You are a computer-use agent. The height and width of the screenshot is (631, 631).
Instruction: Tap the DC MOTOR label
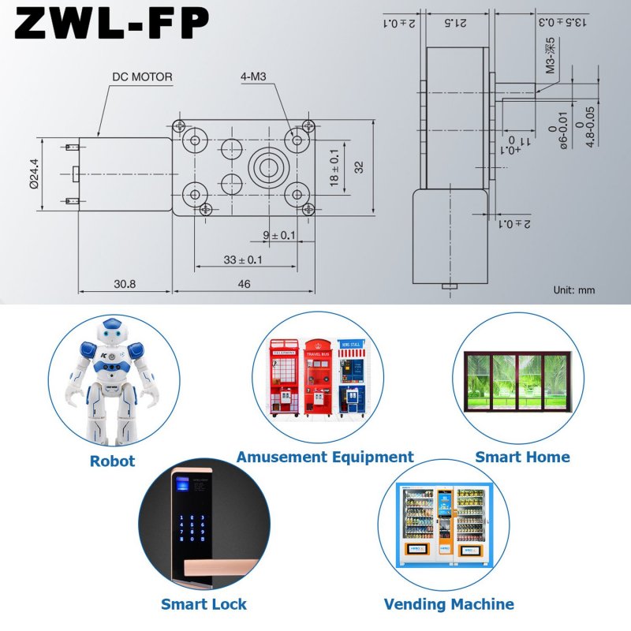(142, 77)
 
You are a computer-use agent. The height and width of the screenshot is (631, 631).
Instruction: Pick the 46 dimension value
(244, 284)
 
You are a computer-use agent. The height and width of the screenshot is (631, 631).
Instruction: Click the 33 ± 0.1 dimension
(244, 259)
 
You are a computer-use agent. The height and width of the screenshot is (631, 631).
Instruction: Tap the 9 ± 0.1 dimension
(279, 235)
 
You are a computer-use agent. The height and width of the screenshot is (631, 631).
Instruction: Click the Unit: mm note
(573, 290)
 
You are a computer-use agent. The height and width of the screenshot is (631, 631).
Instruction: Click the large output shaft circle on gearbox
(267, 166)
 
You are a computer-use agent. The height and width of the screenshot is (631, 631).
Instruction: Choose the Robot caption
(112, 461)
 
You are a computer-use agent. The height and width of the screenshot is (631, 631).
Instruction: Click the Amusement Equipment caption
(325, 457)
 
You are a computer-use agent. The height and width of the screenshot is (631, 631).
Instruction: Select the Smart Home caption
(522, 457)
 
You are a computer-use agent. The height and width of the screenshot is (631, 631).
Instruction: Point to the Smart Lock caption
(203, 605)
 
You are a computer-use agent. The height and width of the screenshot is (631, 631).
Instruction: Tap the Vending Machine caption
(449, 605)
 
